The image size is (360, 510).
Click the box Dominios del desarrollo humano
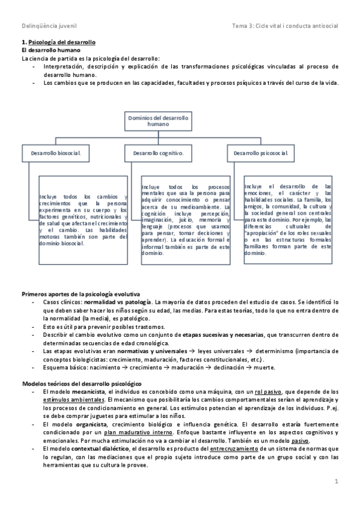(158, 121)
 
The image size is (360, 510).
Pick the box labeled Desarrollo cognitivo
(158, 153)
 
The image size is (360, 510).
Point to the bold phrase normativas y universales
(142, 350)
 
